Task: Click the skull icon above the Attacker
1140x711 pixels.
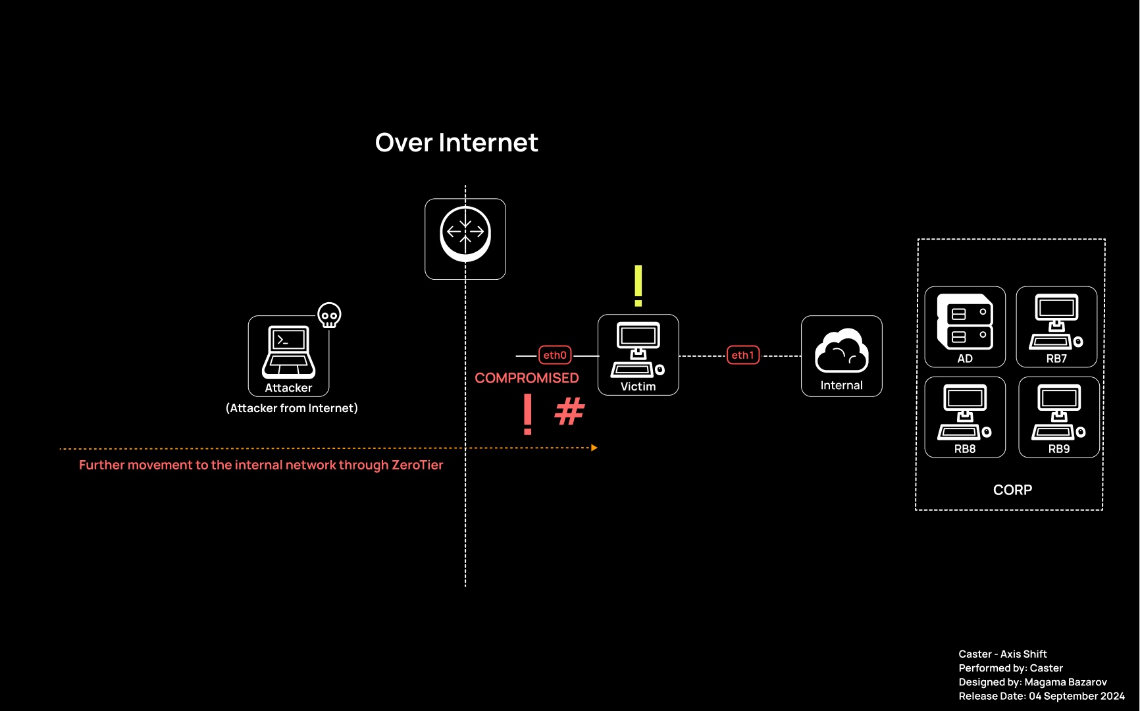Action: [329, 315]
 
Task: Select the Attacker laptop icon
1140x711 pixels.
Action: [288, 352]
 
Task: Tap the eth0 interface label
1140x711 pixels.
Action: [555, 355]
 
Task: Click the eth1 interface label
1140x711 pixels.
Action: [742, 355]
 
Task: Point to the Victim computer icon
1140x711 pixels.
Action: [638, 350]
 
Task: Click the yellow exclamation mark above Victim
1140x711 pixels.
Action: [638, 286]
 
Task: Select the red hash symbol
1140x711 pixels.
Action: [569, 411]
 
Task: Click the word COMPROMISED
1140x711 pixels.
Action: [527, 378]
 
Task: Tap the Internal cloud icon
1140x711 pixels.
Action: [841, 351]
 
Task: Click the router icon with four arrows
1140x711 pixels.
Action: [465, 234]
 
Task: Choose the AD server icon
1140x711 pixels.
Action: [965, 322]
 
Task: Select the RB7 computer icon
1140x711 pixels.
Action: [1056, 322]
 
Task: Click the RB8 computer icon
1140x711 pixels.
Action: [964, 412]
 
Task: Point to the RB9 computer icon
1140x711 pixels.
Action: [1058, 412]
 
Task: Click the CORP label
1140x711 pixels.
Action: [1012, 490]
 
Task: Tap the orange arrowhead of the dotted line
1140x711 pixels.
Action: [594, 448]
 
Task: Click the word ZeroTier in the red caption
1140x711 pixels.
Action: [417, 465]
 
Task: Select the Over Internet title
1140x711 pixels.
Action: [456, 143]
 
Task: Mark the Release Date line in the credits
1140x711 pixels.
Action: [1041, 696]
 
